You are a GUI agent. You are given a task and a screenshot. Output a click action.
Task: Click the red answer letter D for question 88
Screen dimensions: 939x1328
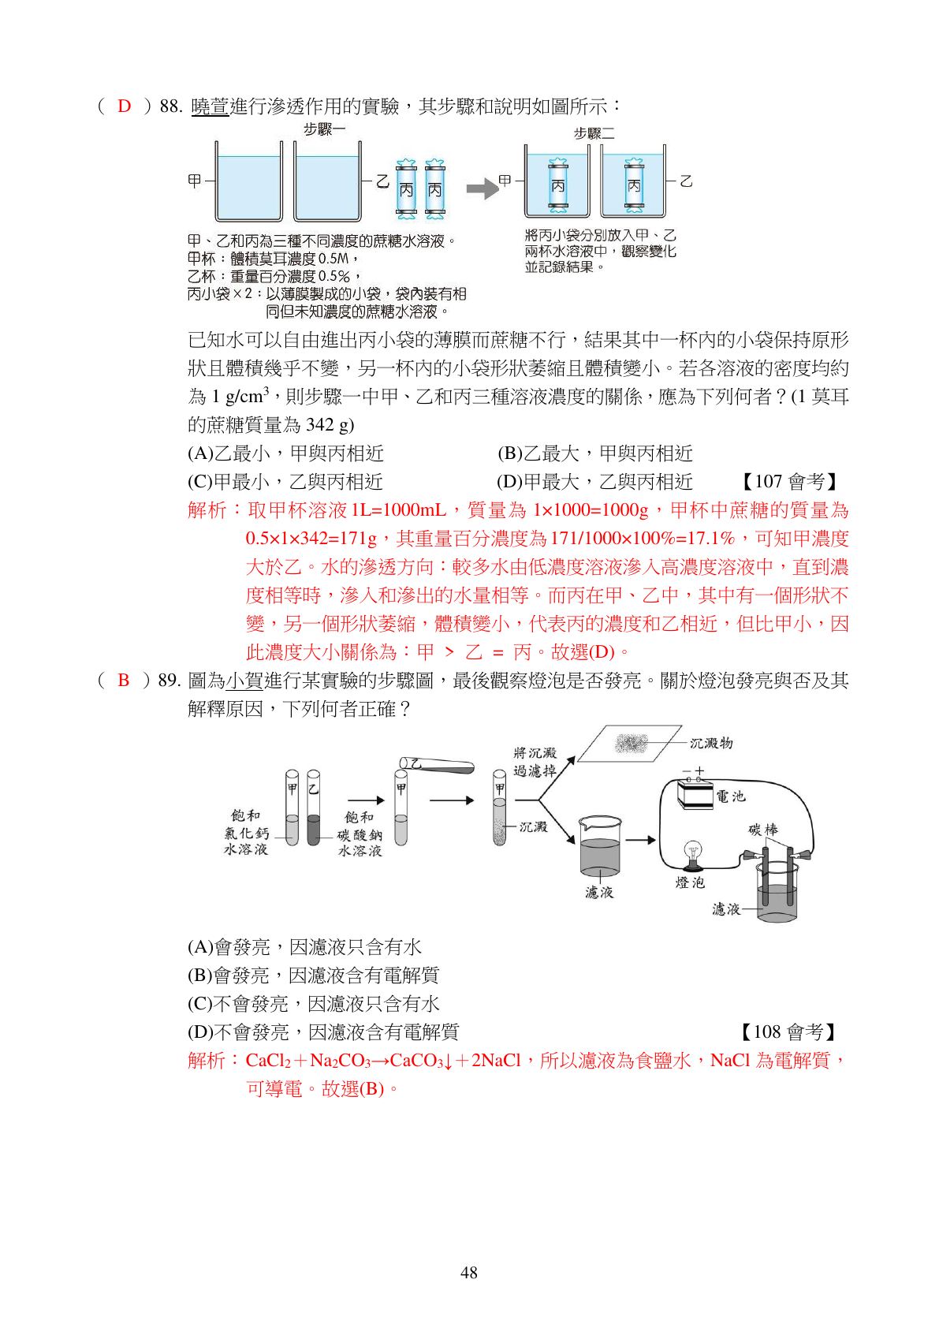(x=124, y=106)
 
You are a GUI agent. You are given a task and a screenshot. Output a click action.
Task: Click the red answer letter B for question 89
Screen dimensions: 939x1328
(x=123, y=681)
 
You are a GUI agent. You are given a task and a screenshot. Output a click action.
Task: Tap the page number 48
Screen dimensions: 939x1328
(x=469, y=1273)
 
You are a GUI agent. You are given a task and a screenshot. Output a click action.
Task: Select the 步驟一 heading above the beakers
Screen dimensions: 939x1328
(x=324, y=129)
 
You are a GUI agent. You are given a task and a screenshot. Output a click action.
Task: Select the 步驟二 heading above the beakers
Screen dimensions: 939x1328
(x=594, y=133)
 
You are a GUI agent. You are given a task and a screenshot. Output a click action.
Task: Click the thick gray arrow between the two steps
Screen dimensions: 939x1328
(x=482, y=189)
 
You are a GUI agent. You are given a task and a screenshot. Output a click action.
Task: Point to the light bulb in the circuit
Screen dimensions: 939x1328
(x=693, y=852)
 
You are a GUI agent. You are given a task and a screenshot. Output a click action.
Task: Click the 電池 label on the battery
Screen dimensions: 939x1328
(x=730, y=796)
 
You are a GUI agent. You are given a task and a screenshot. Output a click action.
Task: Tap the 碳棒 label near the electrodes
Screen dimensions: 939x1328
(x=762, y=830)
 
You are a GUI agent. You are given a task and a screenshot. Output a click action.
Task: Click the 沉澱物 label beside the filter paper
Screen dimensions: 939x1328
(x=711, y=743)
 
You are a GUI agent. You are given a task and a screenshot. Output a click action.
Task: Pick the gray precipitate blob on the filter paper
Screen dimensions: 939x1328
(x=631, y=744)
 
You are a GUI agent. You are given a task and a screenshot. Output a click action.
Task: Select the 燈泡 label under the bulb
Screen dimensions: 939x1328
(x=689, y=882)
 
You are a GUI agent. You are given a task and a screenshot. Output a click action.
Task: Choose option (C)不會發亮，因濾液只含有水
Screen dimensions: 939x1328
(x=314, y=1003)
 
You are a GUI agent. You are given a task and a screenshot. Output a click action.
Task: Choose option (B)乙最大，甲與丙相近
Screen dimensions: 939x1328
(x=595, y=453)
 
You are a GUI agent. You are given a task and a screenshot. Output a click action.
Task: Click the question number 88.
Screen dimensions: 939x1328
(x=170, y=106)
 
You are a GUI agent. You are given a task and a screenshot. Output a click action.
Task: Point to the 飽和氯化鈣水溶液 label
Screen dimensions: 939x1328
(x=246, y=832)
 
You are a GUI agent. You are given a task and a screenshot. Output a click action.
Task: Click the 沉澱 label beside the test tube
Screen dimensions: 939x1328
(x=533, y=826)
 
